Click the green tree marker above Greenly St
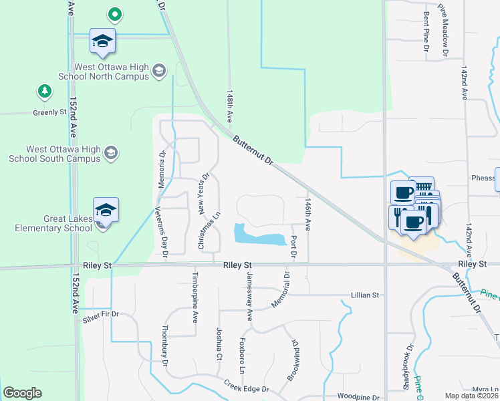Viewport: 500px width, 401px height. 44,91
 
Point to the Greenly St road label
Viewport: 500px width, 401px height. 49,113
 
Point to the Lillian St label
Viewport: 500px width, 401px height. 365,295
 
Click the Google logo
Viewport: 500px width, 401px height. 22,394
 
